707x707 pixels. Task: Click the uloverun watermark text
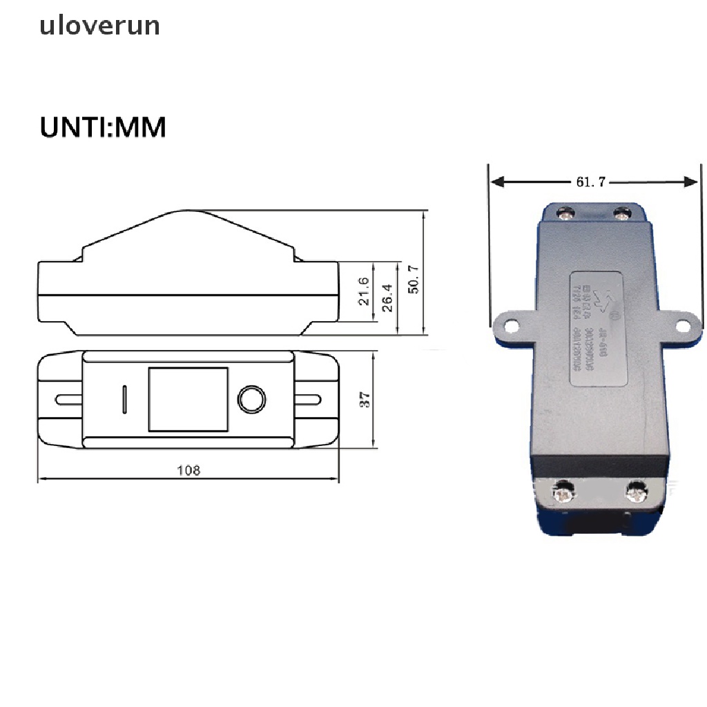click(99, 26)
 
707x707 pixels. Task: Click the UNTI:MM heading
click(103, 128)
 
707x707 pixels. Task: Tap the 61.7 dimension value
click(590, 182)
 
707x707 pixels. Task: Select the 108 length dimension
click(188, 470)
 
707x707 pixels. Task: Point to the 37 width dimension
click(365, 399)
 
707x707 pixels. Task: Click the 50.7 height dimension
click(414, 278)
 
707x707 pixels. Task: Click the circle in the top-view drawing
click(252, 400)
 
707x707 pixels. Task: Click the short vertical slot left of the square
click(125, 400)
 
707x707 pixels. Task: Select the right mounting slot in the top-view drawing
click(309, 399)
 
